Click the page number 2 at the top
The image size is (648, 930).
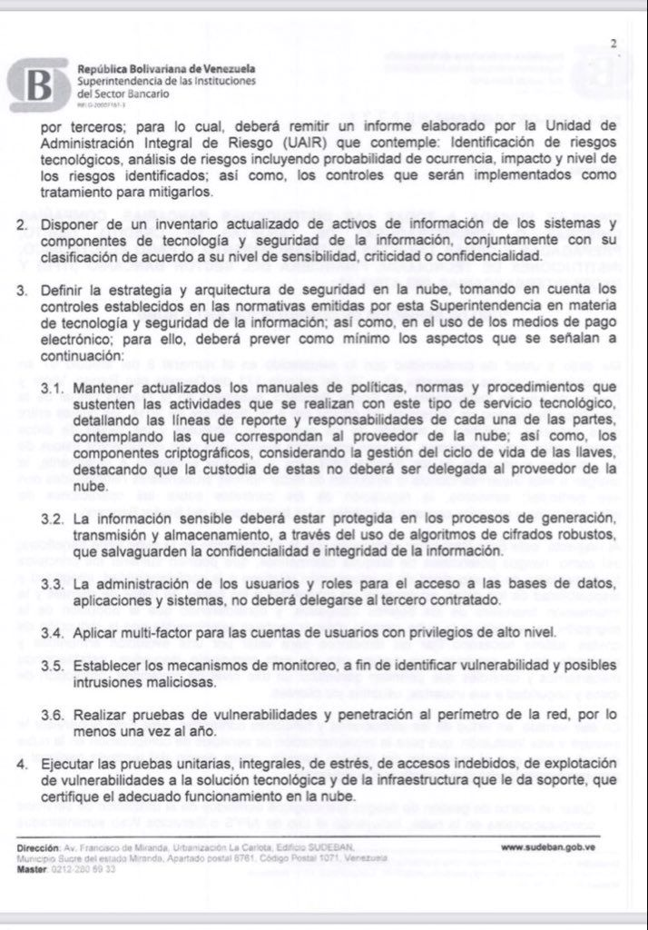(x=614, y=43)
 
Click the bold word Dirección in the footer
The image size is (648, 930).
(x=38, y=848)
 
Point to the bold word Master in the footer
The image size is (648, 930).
(x=32, y=869)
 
